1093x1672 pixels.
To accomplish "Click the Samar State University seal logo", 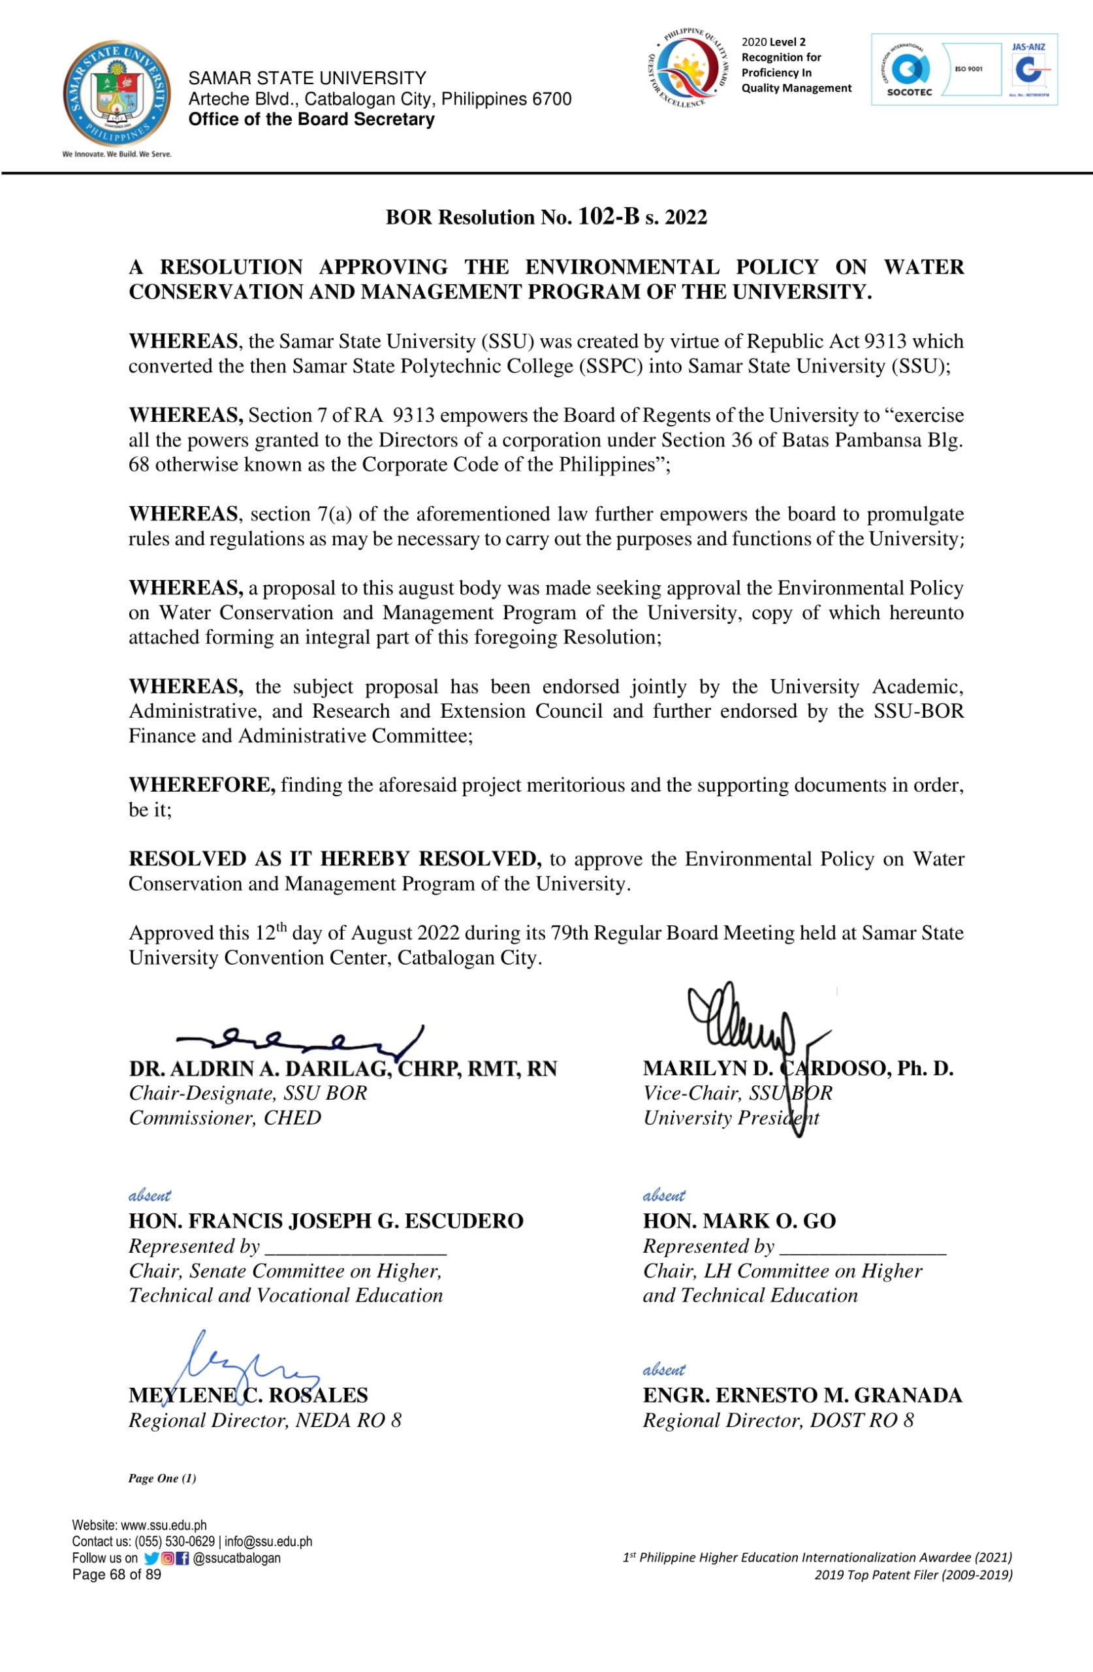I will (117, 94).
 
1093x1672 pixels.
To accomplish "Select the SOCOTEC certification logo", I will (909, 71).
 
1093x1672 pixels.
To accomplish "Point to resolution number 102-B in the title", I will (609, 216).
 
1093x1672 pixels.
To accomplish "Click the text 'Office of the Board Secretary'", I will (311, 120).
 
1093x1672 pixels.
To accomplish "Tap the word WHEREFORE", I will (202, 784).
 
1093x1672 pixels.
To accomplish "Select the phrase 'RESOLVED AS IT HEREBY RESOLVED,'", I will (334, 858).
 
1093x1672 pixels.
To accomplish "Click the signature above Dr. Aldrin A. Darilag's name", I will (302, 1039).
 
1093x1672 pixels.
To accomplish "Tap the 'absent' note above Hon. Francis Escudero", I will (150, 1196).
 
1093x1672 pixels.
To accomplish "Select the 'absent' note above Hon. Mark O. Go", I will (664, 1196).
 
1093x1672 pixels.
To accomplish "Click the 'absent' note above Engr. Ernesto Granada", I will (664, 1370).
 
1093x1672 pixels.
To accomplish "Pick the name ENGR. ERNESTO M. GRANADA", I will (802, 1395).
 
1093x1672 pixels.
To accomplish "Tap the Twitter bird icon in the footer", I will (151, 1558).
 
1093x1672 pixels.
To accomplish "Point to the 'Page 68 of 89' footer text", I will (117, 1574).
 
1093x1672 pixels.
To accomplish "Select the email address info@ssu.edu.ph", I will (268, 1541).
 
